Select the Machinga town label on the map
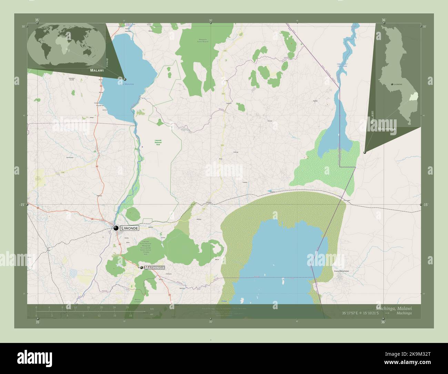(154, 268)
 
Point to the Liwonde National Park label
(158, 142)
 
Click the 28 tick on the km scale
(127, 307)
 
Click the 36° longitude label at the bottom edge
(383, 322)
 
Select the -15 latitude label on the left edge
(22, 205)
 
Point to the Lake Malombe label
(126, 84)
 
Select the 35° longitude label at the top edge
(37, 20)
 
